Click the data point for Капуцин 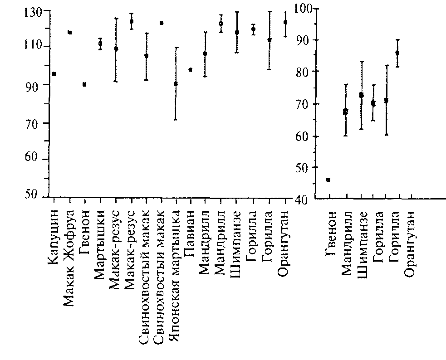(54, 73)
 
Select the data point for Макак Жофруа (69, 32)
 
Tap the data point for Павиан (191, 69)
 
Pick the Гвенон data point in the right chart (328, 180)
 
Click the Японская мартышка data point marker (176, 84)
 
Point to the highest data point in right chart (397, 53)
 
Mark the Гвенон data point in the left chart (84, 84)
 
